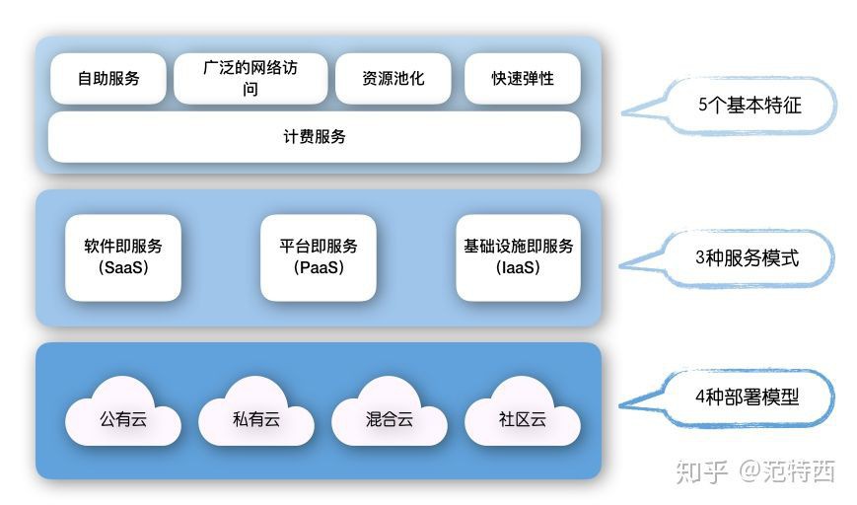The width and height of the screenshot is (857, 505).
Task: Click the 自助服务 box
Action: tap(108, 78)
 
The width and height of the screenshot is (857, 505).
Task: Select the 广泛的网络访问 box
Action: tap(250, 78)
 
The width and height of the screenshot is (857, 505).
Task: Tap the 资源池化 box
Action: tap(393, 78)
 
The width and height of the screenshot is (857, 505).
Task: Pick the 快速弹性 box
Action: tap(522, 78)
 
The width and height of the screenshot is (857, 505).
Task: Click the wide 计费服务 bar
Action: tap(314, 137)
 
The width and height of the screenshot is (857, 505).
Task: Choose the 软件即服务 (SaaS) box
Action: tap(123, 256)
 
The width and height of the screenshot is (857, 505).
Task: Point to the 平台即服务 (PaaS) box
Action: tap(319, 256)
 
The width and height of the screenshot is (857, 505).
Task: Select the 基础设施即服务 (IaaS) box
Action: tap(517, 256)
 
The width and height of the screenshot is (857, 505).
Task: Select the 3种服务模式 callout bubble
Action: tap(747, 258)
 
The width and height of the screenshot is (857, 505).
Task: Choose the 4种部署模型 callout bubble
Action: tap(747, 397)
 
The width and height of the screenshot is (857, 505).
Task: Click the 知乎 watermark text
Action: tap(702, 471)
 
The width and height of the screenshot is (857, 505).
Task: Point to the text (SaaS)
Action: tap(123, 267)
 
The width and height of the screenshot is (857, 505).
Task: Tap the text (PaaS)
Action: tap(319, 267)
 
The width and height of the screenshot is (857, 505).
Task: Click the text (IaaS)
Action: tap(518, 267)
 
